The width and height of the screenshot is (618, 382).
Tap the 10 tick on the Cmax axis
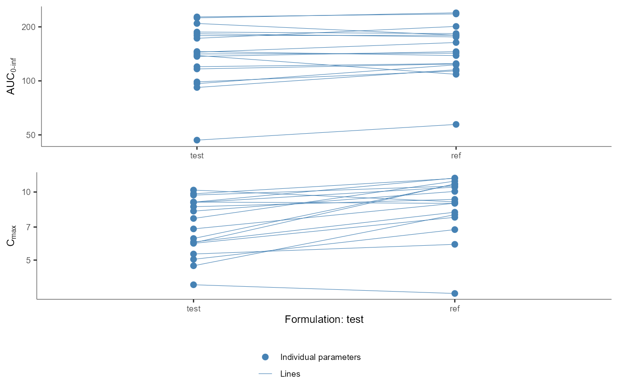pyautogui.click(x=26, y=192)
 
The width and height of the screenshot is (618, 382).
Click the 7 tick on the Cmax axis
pyautogui.click(x=28, y=227)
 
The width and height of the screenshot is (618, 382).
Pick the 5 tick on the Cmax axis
pyautogui.click(x=28, y=260)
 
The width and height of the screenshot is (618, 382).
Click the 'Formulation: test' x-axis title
pyautogui.click(x=324, y=319)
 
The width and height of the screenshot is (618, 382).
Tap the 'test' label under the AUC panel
pyautogui.click(x=197, y=156)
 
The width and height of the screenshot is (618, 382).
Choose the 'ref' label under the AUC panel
pyautogui.click(x=456, y=156)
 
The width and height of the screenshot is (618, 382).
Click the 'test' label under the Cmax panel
pyautogui.click(x=193, y=309)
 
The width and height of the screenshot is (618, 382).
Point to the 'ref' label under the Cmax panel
pyautogui.click(x=455, y=309)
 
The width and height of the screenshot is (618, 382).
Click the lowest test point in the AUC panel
pyautogui.click(x=197, y=140)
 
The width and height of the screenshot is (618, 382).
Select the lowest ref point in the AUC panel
pyautogui.click(x=456, y=124)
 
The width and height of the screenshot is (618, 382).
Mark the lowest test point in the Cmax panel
pyautogui.click(x=193, y=285)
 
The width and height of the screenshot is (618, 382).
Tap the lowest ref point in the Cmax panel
pyautogui.click(x=455, y=293)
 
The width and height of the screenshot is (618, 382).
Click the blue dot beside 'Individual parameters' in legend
pyautogui.click(x=265, y=357)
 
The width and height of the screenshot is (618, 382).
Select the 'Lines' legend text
pyautogui.click(x=290, y=374)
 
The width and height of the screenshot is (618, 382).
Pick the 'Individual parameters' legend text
pyautogui.click(x=320, y=357)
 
